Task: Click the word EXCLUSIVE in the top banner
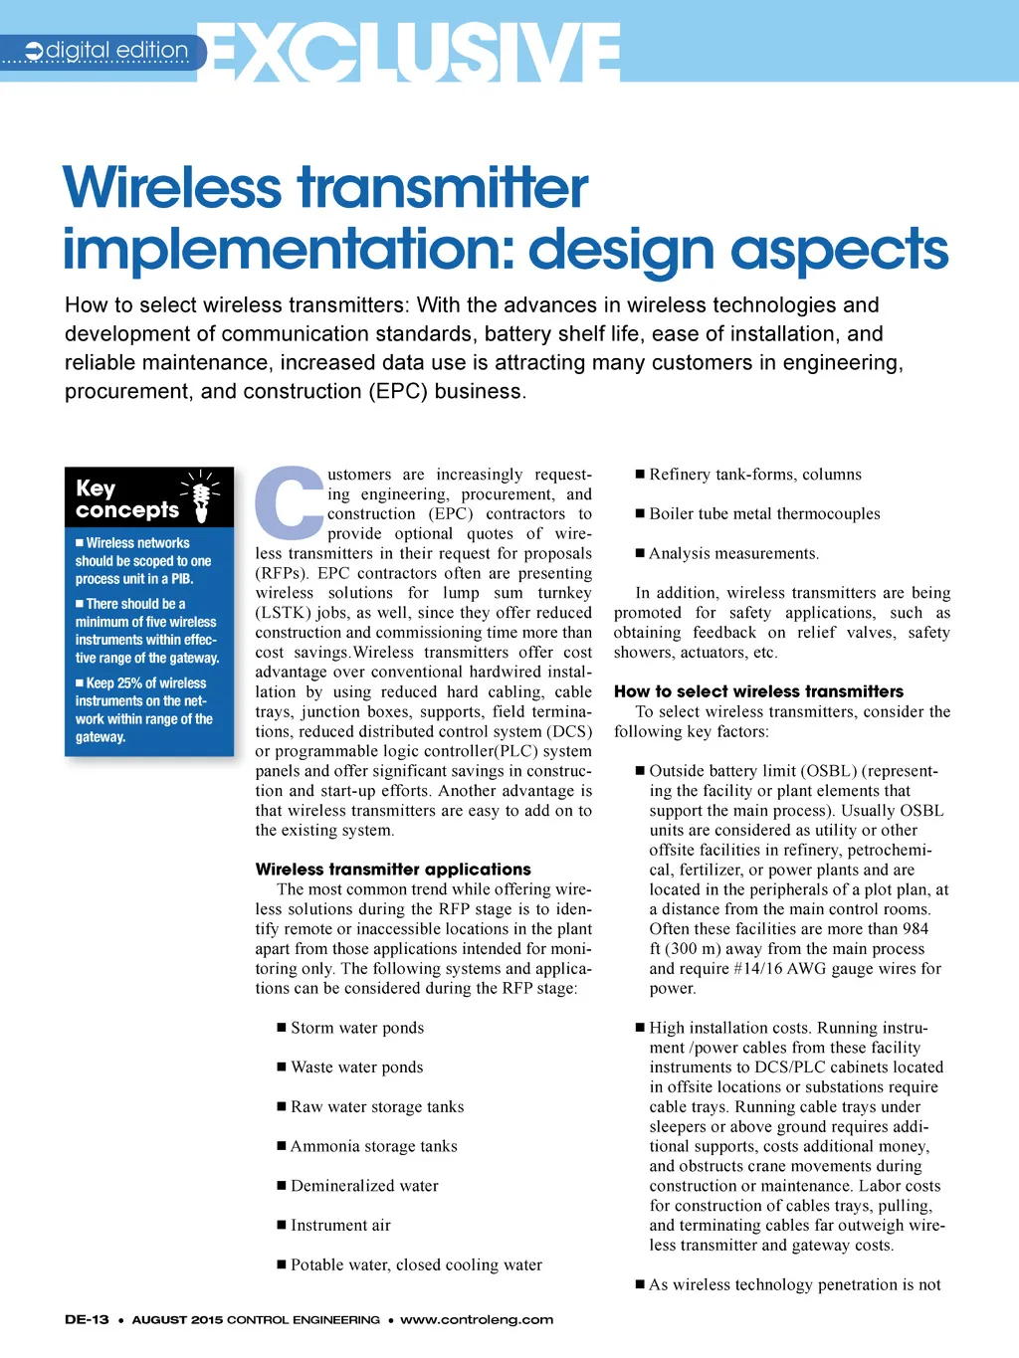coord(414,52)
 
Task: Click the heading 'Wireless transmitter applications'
coord(393,870)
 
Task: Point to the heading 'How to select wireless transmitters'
coord(758,691)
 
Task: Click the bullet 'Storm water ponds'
coord(356,1028)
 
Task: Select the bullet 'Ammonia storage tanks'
coord(373,1146)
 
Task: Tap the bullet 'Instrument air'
coord(340,1225)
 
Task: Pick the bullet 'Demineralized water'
coord(364,1186)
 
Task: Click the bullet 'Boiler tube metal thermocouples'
coord(764,513)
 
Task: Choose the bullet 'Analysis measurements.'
coord(734,553)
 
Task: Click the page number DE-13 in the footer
coord(87,1320)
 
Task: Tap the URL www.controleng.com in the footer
coord(477,1320)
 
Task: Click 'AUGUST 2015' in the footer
coord(177,1320)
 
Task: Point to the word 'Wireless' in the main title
coord(173,188)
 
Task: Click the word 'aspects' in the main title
coord(841,249)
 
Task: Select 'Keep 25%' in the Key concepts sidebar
coord(114,683)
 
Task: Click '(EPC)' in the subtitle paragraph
coord(398,391)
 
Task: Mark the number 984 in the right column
coord(916,929)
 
